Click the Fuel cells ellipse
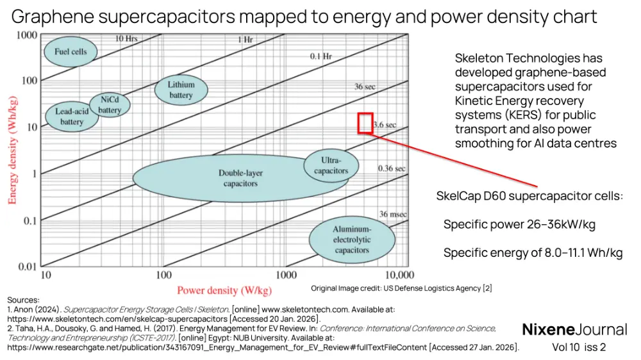(x=67, y=51)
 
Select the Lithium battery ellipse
(x=181, y=90)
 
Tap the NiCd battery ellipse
(x=110, y=106)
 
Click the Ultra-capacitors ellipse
(x=331, y=166)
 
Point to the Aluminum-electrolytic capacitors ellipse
(x=351, y=240)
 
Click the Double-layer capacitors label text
(x=240, y=178)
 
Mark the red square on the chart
(x=365, y=123)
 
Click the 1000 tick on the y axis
(x=26, y=35)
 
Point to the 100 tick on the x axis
(x=164, y=275)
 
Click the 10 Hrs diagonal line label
(x=126, y=38)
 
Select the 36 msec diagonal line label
(x=392, y=214)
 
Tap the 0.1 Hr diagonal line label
(x=320, y=56)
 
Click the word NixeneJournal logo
(x=574, y=330)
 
